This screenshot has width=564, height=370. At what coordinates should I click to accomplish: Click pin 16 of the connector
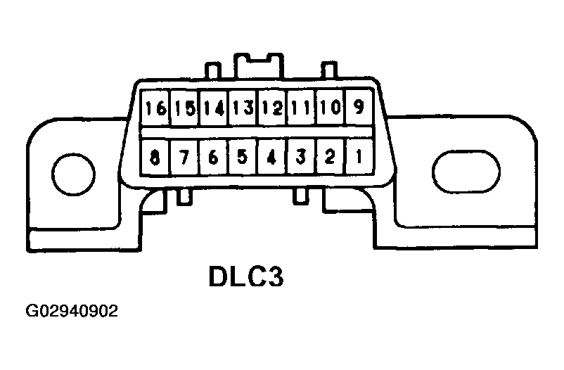pyautogui.click(x=155, y=108)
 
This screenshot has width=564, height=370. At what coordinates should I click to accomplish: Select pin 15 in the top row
pyautogui.click(x=184, y=108)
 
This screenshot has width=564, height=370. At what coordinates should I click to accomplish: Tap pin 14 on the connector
pyautogui.click(x=214, y=108)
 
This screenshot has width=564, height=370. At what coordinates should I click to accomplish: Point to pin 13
pyautogui.click(x=243, y=108)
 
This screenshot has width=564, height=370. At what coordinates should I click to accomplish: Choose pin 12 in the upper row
pyautogui.click(x=271, y=108)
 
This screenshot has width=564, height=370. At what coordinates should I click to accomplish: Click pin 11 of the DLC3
pyautogui.click(x=300, y=108)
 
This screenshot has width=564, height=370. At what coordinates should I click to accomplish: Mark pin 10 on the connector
pyautogui.click(x=329, y=108)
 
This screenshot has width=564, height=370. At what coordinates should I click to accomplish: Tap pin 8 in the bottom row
pyautogui.click(x=155, y=157)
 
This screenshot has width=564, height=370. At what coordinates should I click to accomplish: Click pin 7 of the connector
pyautogui.click(x=184, y=157)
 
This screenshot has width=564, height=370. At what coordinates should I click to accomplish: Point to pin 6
pyautogui.click(x=214, y=157)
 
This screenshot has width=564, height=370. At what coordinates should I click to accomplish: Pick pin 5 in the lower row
pyautogui.click(x=243, y=157)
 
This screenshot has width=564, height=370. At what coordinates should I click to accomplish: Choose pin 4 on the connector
pyautogui.click(x=271, y=157)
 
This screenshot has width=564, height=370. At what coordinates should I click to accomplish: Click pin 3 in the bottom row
pyautogui.click(x=300, y=157)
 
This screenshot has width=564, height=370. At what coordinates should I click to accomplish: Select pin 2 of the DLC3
pyautogui.click(x=329, y=157)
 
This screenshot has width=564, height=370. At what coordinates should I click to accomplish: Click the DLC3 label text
pyautogui.click(x=245, y=276)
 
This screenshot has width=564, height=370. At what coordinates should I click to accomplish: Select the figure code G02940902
pyautogui.click(x=72, y=311)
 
